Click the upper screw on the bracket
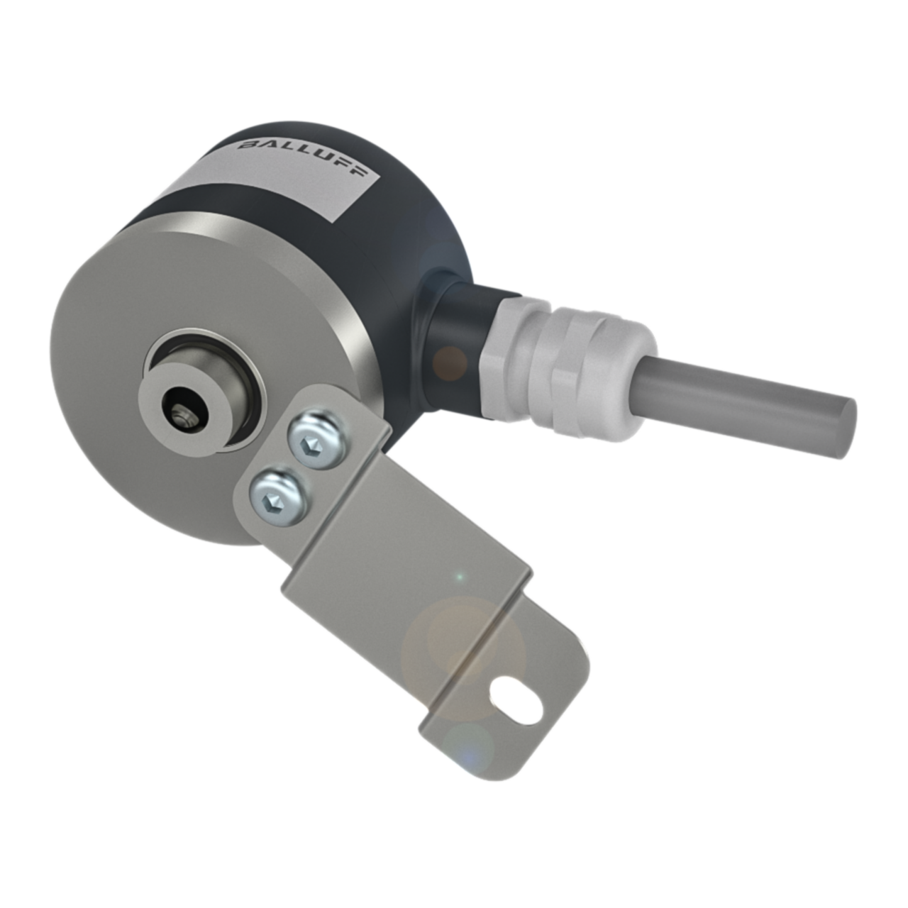(317, 443)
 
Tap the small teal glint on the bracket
(459, 576)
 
